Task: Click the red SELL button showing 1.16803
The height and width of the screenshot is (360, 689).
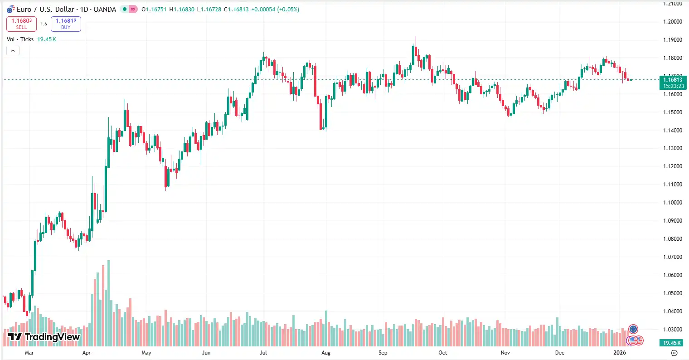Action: pos(21,24)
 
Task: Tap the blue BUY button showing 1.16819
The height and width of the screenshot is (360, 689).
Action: pos(66,24)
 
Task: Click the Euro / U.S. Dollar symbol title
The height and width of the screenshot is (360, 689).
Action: pos(66,9)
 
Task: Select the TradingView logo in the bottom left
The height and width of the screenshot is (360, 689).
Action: pos(44,337)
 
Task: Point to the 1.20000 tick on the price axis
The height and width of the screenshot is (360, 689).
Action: pos(673,22)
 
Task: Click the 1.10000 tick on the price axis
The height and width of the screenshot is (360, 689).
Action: pos(673,203)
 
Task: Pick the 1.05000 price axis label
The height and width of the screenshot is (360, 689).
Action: pos(673,293)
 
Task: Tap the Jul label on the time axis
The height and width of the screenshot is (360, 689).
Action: pos(263,353)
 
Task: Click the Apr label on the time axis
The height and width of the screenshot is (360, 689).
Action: pos(87,353)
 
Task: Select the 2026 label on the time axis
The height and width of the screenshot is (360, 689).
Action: pos(619,353)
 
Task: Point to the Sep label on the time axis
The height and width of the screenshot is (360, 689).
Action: pos(383,353)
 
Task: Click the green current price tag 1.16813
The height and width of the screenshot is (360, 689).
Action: pos(673,80)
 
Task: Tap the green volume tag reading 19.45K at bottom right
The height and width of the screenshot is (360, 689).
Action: pos(673,343)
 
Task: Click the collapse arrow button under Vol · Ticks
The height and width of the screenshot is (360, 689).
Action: pos(13,51)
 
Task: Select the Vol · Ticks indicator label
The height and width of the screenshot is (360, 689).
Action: pos(20,39)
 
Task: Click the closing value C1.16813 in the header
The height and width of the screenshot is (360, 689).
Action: pos(236,10)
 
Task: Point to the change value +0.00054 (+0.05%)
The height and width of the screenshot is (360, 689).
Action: pos(275,10)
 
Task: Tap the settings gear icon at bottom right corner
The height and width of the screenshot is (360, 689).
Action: pos(674,353)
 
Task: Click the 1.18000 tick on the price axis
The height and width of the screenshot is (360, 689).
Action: pos(673,58)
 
